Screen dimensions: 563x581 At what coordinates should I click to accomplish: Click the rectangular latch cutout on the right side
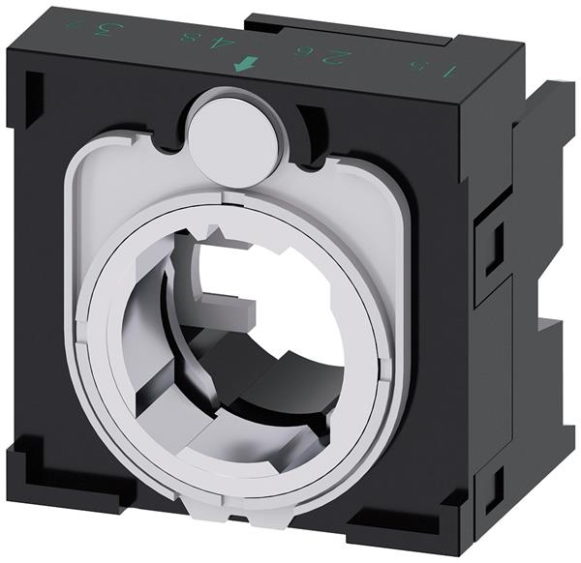495,238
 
